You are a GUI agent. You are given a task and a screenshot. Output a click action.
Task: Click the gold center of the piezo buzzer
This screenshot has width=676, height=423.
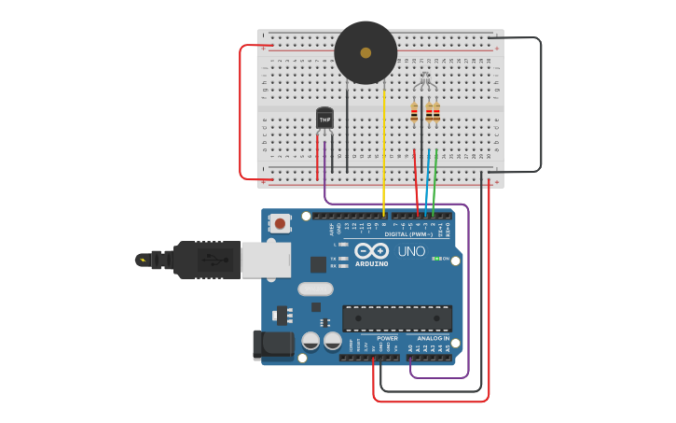click(x=366, y=53)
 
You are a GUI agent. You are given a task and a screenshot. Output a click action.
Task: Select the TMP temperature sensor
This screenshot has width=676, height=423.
click(x=324, y=119)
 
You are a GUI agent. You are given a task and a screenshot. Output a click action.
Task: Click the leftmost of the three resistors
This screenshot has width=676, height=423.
click(x=414, y=113)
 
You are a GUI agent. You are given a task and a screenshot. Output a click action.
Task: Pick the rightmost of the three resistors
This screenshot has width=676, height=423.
click(x=436, y=113)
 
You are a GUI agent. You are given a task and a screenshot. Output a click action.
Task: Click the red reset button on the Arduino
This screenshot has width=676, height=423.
click(x=279, y=223)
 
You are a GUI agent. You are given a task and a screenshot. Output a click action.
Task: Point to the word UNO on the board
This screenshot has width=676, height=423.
click(x=411, y=251)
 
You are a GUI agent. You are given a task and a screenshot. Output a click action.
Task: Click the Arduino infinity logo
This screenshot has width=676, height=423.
click(x=371, y=250)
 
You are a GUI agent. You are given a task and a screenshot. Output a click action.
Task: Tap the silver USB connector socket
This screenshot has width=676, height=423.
click(x=265, y=260)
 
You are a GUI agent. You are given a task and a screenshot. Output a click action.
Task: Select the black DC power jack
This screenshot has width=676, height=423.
click(x=273, y=344)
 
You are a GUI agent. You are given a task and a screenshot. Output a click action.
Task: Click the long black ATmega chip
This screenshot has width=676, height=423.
click(x=396, y=318)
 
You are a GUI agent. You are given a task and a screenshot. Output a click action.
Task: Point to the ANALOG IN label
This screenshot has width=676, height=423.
click(x=433, y=338)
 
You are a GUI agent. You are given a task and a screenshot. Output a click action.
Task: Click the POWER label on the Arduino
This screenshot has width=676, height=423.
click(x=387, y=338)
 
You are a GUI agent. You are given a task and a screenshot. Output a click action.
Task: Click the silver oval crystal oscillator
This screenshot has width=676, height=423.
click(x=315, y=289)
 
